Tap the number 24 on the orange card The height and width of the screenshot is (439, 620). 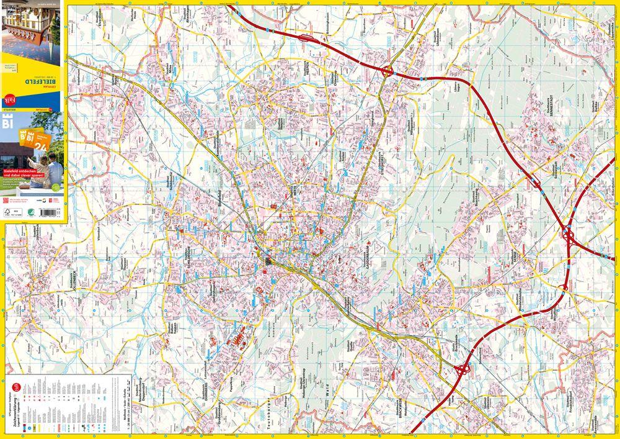coord(42,147)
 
